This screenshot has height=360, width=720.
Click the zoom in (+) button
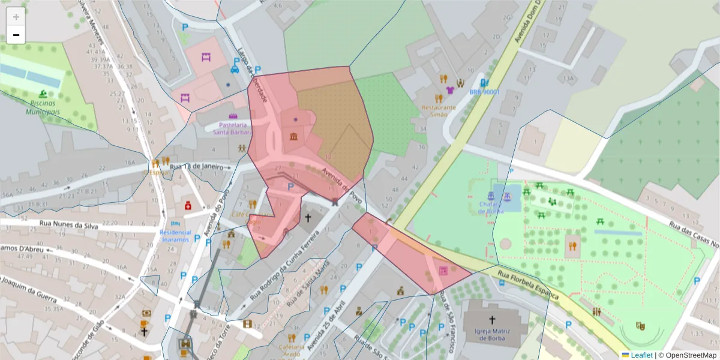(16, 17)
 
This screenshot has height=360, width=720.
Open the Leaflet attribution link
(641, 355)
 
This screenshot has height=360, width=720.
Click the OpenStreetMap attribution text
(690, 355)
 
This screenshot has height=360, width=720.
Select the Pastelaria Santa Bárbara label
(233, 128)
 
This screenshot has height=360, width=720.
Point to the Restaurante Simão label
(439, 111)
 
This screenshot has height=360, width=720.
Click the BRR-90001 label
(484, 92)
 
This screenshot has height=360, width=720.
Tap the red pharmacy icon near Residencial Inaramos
(188, 206)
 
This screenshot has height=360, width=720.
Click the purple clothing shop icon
(450, 91)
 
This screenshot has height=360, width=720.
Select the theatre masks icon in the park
(641, 326)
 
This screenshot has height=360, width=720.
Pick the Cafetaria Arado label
(290, 350)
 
